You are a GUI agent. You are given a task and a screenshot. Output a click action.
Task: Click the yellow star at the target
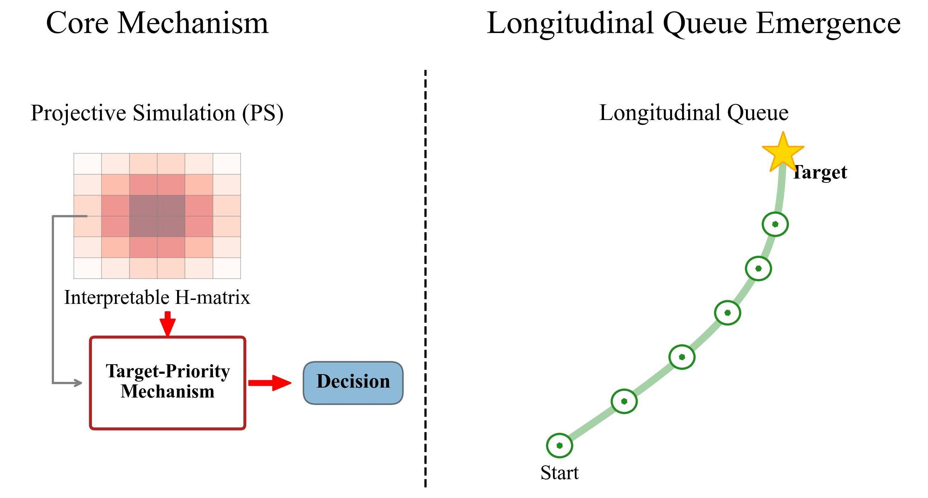[783, 153]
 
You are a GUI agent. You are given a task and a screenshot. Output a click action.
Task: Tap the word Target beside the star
[819, 172]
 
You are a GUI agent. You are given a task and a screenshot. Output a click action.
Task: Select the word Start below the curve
[560, 472]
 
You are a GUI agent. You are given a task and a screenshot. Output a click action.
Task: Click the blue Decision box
[353, 383]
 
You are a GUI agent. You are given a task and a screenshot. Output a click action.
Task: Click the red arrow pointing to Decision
[270, 383]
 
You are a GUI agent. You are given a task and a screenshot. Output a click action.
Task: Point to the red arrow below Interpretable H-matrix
[168, 324]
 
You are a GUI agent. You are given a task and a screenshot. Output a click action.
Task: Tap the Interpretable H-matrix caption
[157, 298]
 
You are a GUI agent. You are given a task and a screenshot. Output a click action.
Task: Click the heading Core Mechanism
[158, 23]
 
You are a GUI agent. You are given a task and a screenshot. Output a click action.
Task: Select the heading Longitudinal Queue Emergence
[693, 24]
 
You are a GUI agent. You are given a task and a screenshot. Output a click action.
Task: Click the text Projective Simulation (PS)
[157, 113]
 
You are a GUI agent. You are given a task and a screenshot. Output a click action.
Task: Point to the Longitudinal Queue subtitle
[693, 113]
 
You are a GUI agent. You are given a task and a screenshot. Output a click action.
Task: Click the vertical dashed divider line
[425, 278]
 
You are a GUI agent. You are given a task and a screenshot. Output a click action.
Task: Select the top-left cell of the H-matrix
[88, 164]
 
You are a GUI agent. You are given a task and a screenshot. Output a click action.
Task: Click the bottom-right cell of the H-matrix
[227, 268]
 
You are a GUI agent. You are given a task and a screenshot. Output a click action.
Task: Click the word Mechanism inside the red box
[168, 392]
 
